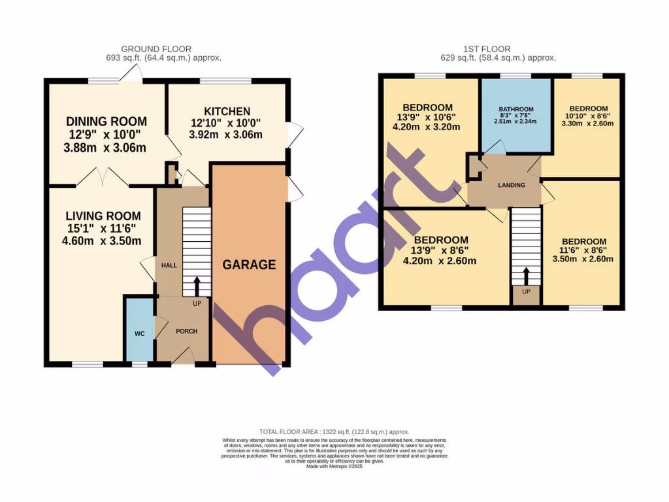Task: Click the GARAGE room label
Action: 249,265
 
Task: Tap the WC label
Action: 139,334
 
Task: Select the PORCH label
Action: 186,331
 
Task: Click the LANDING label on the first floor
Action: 511,185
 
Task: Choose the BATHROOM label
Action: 516,109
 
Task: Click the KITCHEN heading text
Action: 227,112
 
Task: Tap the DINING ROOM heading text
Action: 106,122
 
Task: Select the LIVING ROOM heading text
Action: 103,216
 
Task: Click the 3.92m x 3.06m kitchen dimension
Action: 227,135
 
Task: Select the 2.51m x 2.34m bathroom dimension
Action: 516,122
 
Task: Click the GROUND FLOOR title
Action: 156,49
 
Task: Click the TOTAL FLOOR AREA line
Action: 334,432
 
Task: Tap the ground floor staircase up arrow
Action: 197,286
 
